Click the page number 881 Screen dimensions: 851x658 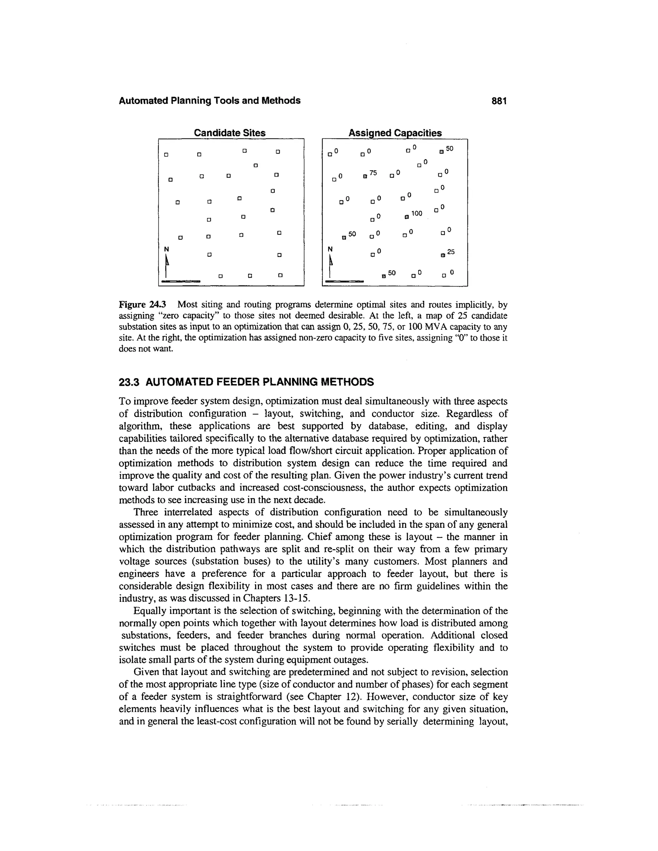[x=499, y=101]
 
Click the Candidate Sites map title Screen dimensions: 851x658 [x=230, y=133]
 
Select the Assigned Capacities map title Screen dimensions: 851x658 [x=395, y=133]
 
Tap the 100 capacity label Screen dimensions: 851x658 [x=416, y=213]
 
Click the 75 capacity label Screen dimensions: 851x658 [x=373, y=173]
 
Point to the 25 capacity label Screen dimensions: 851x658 [x=451, y=252]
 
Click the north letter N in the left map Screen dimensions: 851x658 [x=166, y=249]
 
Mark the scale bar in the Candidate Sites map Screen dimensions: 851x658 [x=181, y=281]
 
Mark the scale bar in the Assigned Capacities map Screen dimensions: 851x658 [x=345, y=281]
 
